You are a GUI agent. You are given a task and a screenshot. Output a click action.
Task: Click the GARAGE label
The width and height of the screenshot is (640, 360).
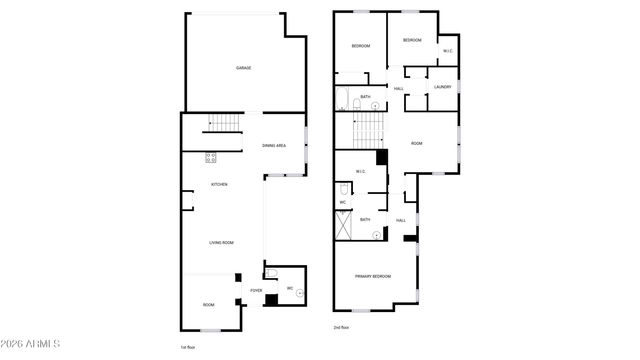243,68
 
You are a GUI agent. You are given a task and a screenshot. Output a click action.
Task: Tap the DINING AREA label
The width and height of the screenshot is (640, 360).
275,146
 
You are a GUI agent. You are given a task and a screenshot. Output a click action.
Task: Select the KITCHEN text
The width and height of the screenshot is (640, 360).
219,185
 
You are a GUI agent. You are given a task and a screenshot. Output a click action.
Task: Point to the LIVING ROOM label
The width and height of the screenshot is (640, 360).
221,243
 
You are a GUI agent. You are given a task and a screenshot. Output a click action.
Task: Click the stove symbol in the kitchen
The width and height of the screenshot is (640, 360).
212,156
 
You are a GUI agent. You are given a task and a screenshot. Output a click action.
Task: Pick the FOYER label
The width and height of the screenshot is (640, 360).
256,291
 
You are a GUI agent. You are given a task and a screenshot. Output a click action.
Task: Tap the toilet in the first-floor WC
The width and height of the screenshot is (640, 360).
271,273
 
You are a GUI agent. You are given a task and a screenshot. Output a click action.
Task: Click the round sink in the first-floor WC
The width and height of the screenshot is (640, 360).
299,291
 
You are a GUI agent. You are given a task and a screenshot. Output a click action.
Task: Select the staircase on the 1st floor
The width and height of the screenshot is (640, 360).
223,124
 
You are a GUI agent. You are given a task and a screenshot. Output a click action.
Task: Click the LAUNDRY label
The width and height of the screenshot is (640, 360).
443,88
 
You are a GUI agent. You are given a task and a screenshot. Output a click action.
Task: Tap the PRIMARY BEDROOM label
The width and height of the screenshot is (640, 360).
373,276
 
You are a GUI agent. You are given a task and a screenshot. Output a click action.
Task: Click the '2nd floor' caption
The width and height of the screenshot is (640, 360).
341,327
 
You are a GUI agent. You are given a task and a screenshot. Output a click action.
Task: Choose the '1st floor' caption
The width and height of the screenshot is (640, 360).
187,347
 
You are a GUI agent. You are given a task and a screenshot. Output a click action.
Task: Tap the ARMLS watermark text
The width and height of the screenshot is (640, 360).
32,346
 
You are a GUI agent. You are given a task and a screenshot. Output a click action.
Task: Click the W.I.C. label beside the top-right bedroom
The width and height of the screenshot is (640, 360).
447,51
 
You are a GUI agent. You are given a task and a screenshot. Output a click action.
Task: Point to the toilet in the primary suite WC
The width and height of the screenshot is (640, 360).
342,188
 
